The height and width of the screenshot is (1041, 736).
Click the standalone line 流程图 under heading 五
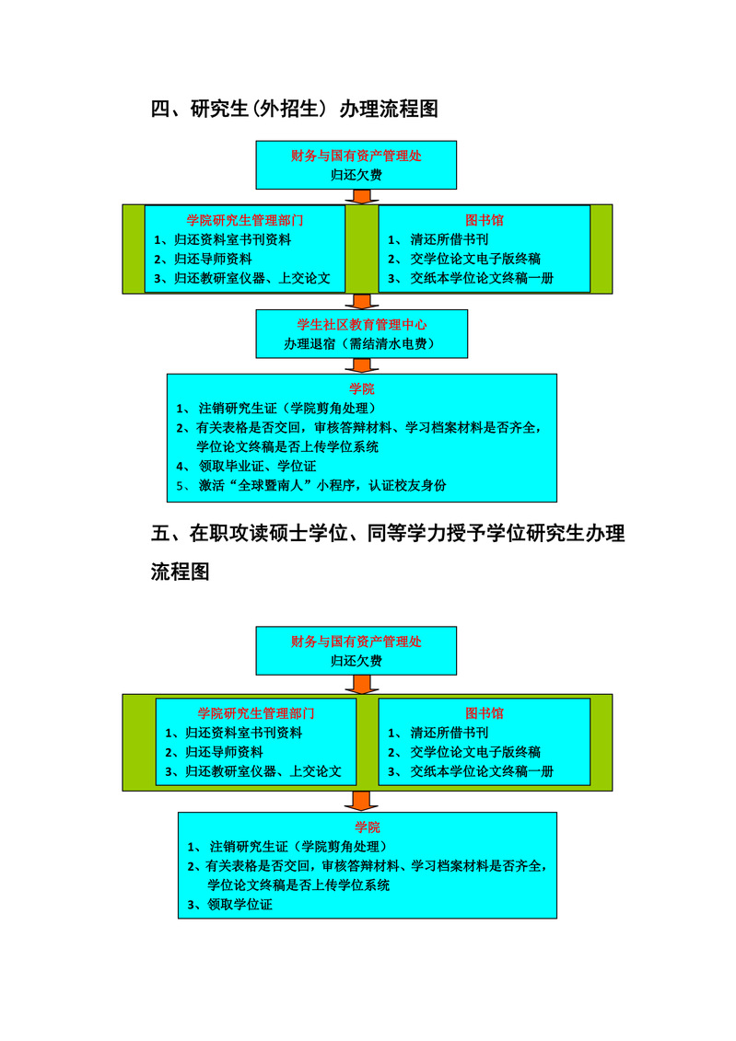[x=181, y=572]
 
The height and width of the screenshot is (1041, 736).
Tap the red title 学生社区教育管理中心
[x=361, y=324]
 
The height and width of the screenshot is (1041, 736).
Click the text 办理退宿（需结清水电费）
[x=361, y=344]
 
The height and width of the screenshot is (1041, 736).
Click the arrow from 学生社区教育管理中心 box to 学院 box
[x=361, y=365]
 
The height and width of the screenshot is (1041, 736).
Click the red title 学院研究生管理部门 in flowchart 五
[x=256, y=712]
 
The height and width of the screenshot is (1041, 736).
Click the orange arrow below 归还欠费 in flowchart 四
[x=361, y=196]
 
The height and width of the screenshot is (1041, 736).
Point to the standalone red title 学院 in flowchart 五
[x=367, y=827]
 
